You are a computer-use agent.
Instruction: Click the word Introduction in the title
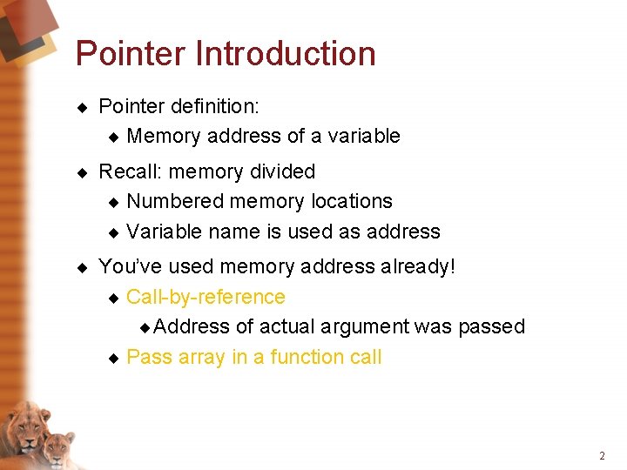286,54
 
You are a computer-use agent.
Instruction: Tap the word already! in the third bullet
417,266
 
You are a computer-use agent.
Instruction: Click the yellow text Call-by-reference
206,297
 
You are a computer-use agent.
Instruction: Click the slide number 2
602,456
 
